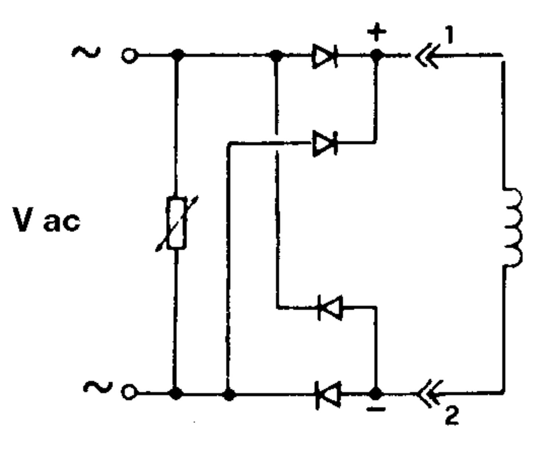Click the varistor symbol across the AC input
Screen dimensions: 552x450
(x=177, y=223)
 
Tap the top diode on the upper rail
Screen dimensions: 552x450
(x=325, y=56)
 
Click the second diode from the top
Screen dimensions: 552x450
(x=325, y=143)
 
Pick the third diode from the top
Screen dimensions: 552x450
(x=330, y=307)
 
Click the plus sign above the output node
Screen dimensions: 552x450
(x=377, y=32)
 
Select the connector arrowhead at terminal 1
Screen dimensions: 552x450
(x=428, y=56)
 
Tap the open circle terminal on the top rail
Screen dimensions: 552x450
(x=129, y=56)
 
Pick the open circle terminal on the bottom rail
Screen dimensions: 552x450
(x=128, y=392)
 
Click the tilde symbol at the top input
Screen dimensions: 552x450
(x=86, y=52)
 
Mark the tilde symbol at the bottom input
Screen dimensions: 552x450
(x=98, y=387)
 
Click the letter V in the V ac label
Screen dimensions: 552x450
(x=23, y=219)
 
